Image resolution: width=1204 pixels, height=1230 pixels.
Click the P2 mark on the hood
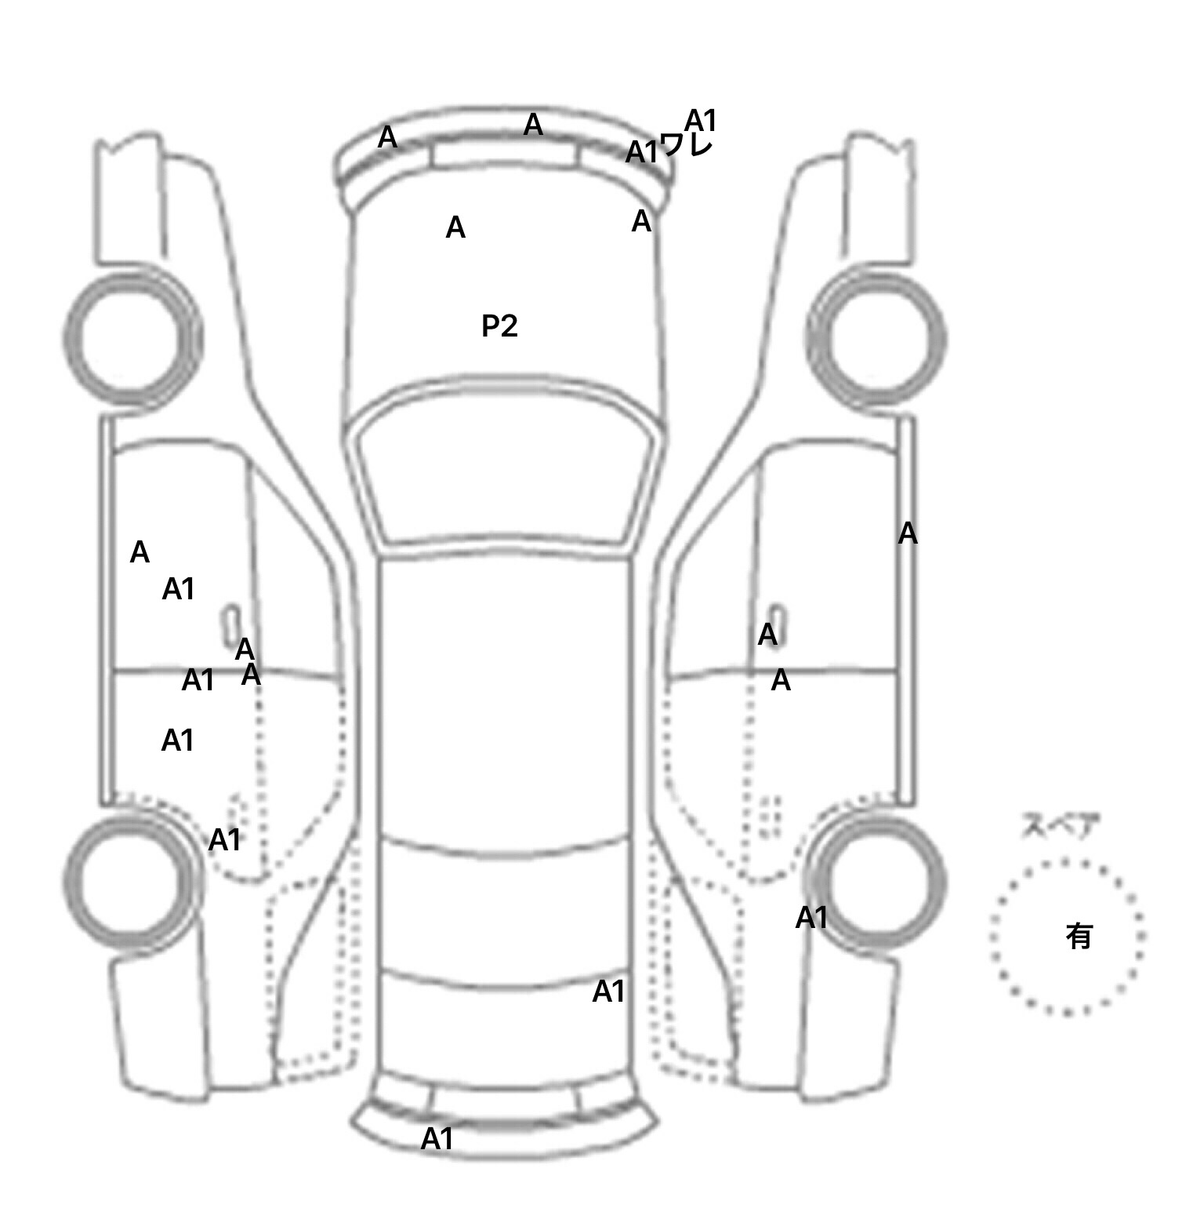pyautogui.click(x=499, y=326)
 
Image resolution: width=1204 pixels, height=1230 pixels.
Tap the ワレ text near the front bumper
pyautogui.click(x=686, y=146)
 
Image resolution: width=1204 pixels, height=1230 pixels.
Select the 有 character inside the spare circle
pyautogui.click(x=1079, y=935)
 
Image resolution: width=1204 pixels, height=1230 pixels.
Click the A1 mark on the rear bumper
pyautogui.click(x=437, y=1139)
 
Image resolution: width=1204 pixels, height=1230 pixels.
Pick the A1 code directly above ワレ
pyautogui.click(x=701, y=121)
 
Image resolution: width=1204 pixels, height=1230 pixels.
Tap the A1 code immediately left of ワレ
pyautogui.click(x=641, y=152)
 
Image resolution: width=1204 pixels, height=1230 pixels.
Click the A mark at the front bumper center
pyautogui.click(x=533, y=125)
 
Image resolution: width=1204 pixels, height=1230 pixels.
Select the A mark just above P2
pyautogui.click(x=455, y=227)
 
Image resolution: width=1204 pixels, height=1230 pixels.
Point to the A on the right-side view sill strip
pyautogui.click(x=908, y=533)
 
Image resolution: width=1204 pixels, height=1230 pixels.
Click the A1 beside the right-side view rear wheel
pyautogui.click(x=811, y=917)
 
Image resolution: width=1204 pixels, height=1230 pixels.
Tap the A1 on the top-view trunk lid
pyautogui.click(x=608, y=992)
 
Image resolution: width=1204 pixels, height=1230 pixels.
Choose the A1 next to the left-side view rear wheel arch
pyautogui.click(x=225, y=840)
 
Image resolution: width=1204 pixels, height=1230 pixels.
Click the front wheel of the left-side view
pyautogui.click(x=132, y=338)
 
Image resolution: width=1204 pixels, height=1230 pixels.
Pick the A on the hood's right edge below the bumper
pyautogui.click(x=641, y=222)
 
